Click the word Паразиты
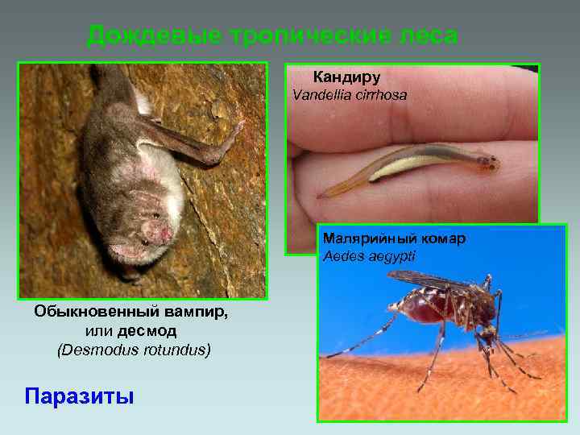pyautogui.click(x=79, y=396)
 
